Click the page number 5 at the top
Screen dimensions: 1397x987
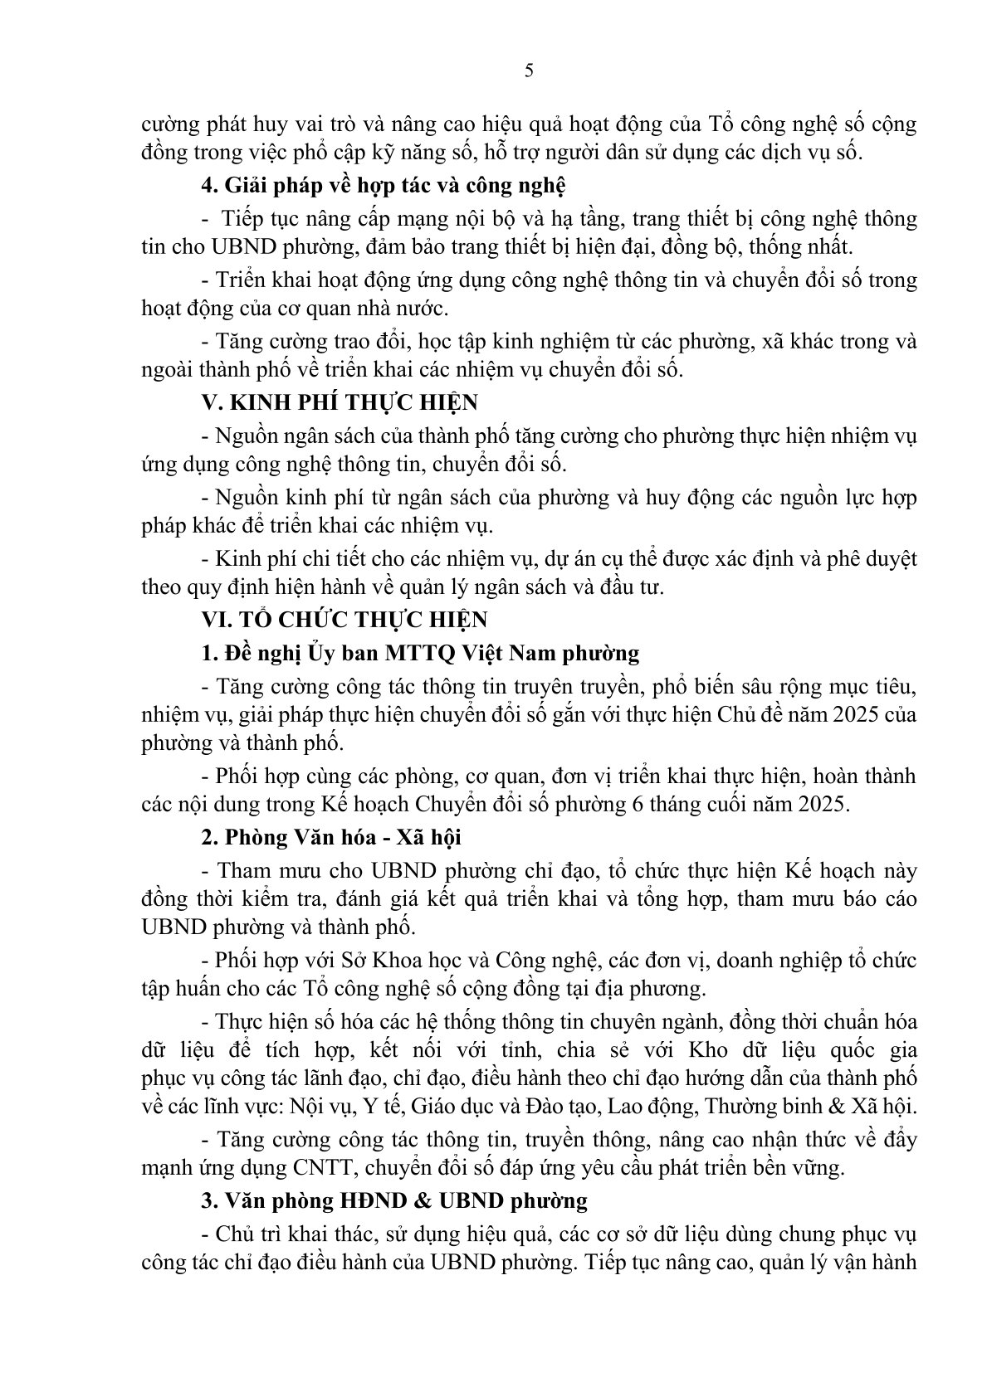[x=530, y=71]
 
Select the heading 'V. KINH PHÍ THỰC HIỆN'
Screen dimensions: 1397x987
[x=340, y=403]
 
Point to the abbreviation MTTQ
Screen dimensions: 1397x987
[x=414, y=653]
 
